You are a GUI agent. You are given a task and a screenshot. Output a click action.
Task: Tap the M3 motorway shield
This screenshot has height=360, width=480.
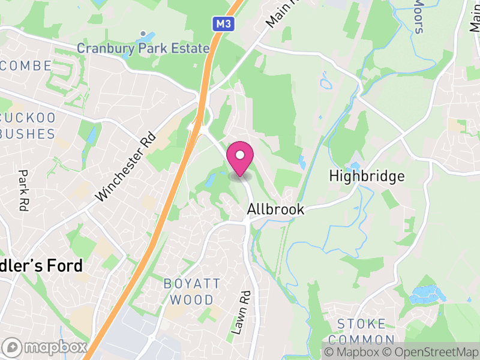coord(221,24)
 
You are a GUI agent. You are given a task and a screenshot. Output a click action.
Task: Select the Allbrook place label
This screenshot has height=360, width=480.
coord(276,209)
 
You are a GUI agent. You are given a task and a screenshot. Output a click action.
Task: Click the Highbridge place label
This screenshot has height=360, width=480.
coord(367,176)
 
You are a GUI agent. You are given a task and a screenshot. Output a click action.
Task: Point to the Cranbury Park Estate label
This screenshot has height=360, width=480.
coord(143,48)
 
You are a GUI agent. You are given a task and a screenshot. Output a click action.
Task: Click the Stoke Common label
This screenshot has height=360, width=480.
coord(361,332)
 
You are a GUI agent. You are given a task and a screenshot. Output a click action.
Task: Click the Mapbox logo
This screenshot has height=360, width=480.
coord(45,347)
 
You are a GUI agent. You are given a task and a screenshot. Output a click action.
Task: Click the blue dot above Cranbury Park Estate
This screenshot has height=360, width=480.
coord(143,34)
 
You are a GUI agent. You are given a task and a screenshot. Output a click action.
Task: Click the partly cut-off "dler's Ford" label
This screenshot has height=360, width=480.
coord(41,266)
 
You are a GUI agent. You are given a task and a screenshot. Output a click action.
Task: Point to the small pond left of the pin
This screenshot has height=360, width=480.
coord(211,179)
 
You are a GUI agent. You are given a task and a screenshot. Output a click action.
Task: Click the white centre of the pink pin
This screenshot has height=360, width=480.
coord(240,155)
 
